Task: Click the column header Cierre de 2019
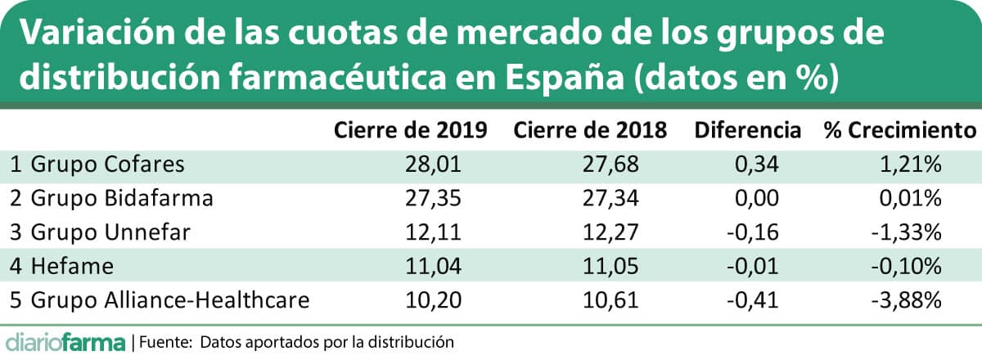pyautogui.click(x=410, y=130)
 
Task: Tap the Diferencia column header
pyautogui.click(x=746, y=130)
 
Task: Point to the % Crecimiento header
pyautogui.click(x=900, y=130)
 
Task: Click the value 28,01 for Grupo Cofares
pyautogui.click(x=435, y=164)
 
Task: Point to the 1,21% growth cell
pyautogui.click(x=917, y=164)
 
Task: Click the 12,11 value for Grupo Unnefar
pyautogui.click(x=435, y=232)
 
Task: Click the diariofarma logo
pyautogui.click(x=65, y=340)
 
